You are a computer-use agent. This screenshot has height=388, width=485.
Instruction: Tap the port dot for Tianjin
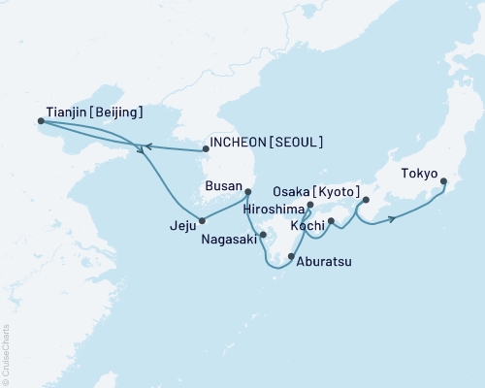[41, 121]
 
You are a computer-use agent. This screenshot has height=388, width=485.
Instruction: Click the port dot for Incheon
[205, 149]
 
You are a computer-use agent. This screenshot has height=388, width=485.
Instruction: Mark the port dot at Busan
[248, 191]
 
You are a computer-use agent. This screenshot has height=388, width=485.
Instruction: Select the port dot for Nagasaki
[263, 234]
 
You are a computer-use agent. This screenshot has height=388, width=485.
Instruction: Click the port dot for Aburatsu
[292, 256]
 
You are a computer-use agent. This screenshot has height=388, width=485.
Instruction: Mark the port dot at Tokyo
[443, 181]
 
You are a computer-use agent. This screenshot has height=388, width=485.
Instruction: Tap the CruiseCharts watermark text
[5, 354]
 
